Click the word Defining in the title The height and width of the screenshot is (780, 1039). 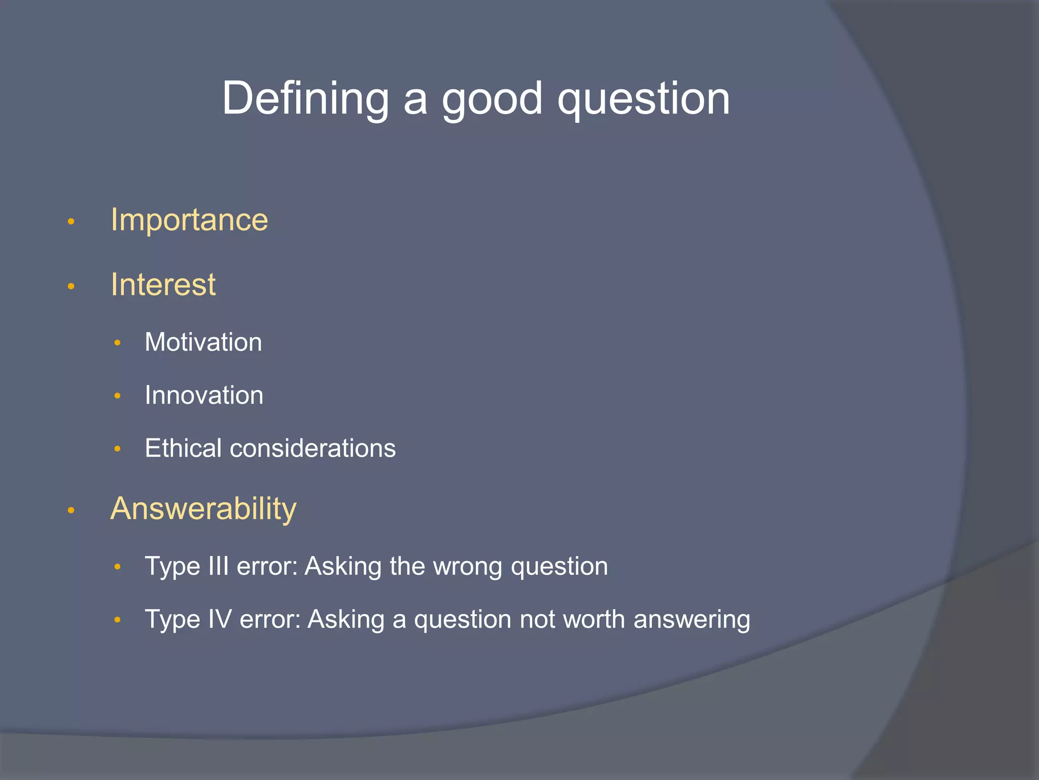305,99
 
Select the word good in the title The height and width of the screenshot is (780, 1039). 492,99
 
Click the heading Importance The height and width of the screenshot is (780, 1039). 189,220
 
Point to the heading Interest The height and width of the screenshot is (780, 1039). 163,284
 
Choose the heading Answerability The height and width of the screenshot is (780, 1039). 203,508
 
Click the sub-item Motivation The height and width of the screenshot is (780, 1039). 203,342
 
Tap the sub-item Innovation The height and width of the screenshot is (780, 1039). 204,395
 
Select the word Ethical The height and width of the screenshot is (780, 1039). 183,448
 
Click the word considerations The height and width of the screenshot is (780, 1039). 313,448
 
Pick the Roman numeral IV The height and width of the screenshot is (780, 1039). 220,620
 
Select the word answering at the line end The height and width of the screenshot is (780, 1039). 691,620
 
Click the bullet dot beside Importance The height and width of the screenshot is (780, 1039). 71,221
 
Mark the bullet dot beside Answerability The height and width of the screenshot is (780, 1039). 71,510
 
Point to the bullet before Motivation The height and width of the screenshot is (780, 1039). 117,343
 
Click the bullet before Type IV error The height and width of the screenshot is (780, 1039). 117,620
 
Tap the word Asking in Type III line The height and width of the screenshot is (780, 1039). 342,566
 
